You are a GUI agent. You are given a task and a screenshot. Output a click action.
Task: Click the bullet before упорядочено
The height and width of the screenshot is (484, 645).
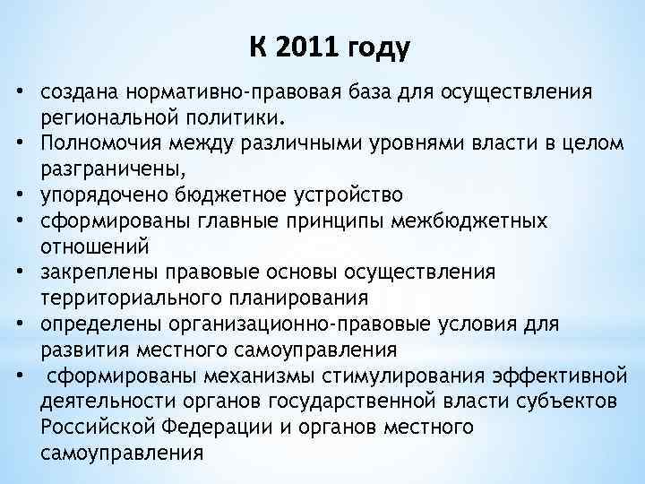click(x=18, y=193)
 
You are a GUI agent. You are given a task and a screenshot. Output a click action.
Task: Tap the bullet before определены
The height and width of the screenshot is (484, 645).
click(x=18, y=322)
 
